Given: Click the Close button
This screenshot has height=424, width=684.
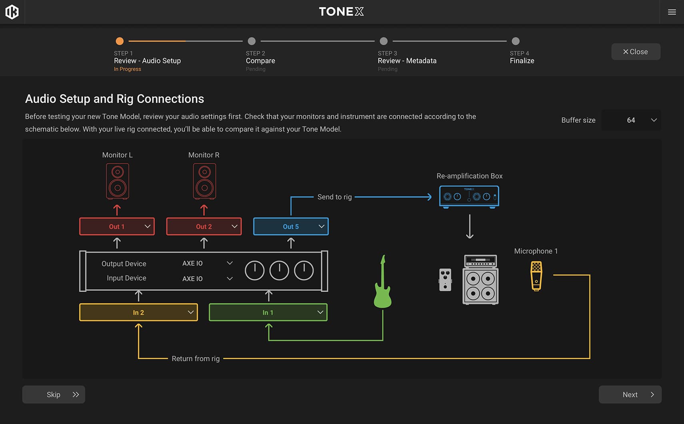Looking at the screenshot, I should (x=635, y=52).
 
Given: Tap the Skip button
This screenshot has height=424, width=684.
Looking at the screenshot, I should (x=54, y=394).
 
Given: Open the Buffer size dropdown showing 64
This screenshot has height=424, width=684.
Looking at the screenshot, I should (x=631, y=120).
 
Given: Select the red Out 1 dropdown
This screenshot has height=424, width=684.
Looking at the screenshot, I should (x=117, y=226).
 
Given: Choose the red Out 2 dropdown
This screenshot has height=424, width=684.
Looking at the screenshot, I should (x=204, y=226).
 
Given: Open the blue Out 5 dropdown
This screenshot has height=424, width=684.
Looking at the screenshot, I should (x=291, y=226).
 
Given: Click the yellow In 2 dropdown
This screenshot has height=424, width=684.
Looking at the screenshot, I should (x=138, y=312).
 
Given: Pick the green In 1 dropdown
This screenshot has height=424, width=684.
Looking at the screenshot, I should (x=268, y=312).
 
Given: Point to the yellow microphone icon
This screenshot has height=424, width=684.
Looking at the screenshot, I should (x=536, y=276).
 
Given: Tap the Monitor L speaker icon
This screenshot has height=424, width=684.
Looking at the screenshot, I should (x=117, y=181).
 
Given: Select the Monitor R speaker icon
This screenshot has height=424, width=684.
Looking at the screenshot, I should (x=204, y=181).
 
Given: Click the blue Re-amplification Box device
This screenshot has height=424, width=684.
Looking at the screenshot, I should (x=469, y=196).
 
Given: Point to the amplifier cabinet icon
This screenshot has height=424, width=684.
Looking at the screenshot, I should (x=480, y=280).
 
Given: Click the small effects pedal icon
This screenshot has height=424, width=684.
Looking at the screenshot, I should (x=445, y=280).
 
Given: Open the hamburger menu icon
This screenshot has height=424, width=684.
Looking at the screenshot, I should (x=672, y=12).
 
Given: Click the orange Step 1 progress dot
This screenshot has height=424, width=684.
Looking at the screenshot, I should (x=120, y=41).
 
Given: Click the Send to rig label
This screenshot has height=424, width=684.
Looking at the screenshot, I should (x=334, y=197).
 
